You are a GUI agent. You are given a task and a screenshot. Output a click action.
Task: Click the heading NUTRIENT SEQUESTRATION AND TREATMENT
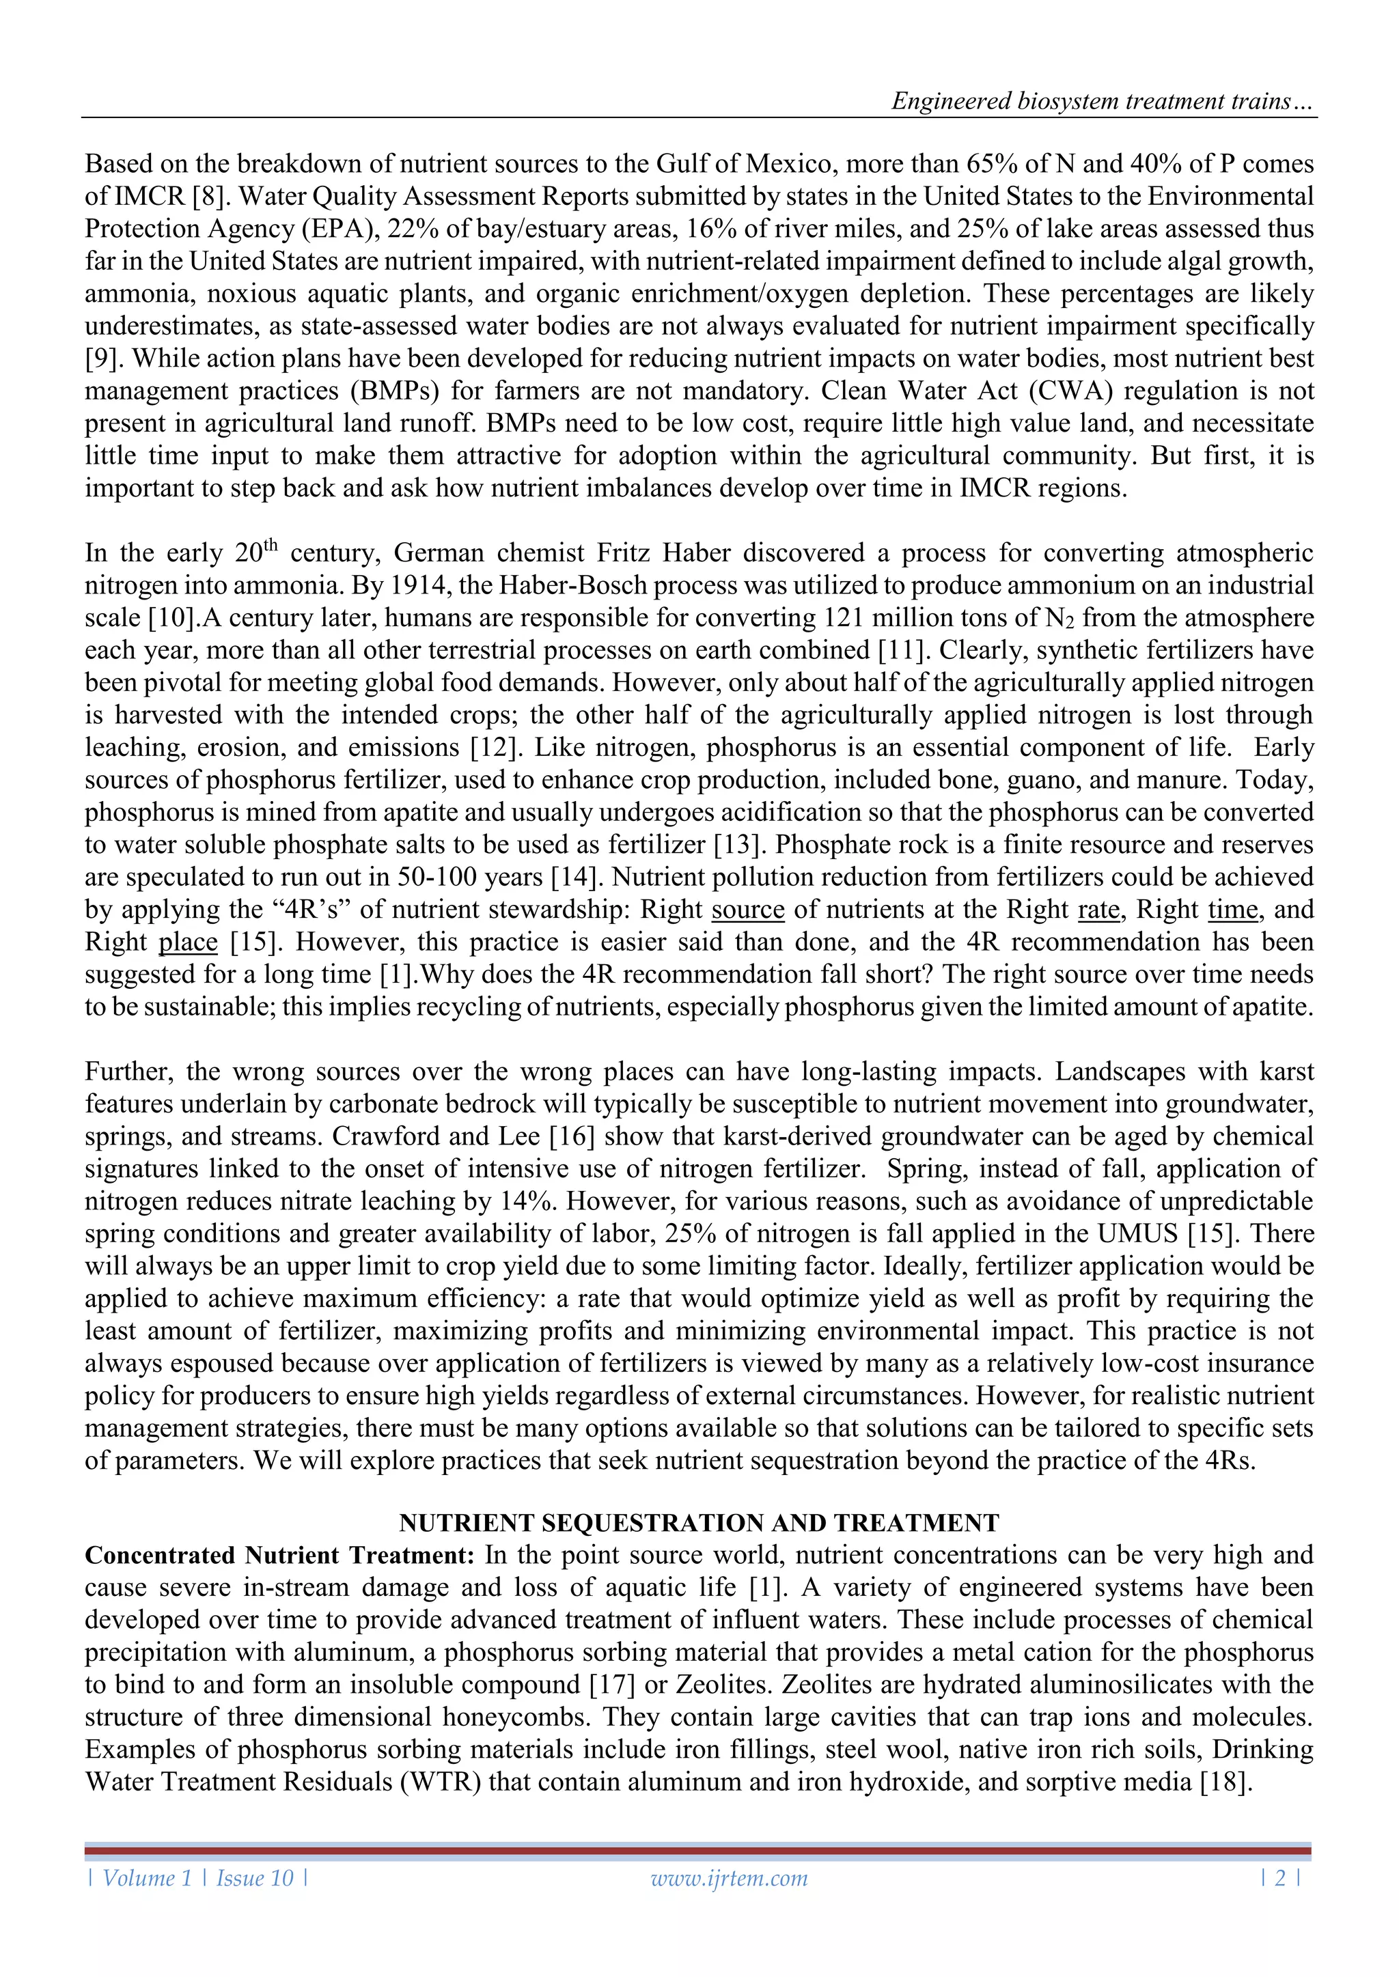pyautogui.click(x=699, y=1522)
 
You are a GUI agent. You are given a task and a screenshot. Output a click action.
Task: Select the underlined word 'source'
pyautogui.click(x=748, y=909)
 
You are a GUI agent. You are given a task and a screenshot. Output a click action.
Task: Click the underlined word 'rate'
pyautogui.click(x=1098, y=909)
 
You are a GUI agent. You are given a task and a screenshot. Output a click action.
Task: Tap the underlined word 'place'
pyautogui.click(x=188, y=942)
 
